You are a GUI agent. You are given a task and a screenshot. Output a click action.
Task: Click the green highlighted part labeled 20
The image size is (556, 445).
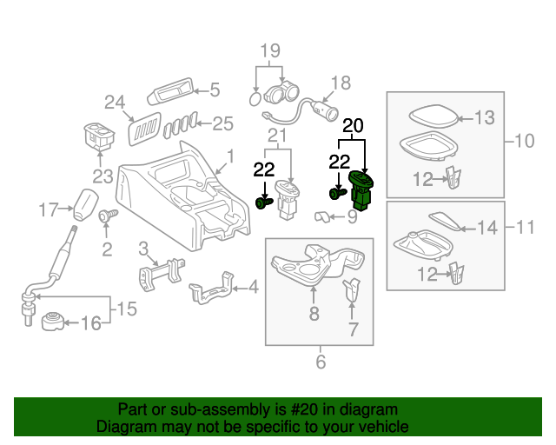(x=361, y=191)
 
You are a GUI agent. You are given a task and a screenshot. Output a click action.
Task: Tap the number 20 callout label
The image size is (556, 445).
(x=353, y=126)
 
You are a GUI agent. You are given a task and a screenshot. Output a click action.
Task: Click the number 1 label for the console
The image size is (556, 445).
(x=231, y=157)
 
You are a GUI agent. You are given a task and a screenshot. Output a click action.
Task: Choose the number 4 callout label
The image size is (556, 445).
(x=253, y=286)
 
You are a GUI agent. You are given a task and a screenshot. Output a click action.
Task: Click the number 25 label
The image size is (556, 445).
(x=223, y=123)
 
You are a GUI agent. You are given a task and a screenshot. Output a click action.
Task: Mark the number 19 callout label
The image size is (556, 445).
(x=270, y=50)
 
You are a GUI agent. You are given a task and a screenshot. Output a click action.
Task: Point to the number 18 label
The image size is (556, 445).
(x=340, y=83)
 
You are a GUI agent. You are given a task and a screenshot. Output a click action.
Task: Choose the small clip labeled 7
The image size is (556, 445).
(x=352, y=290)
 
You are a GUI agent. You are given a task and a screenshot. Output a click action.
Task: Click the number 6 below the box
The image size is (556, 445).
(x=320, y=361)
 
